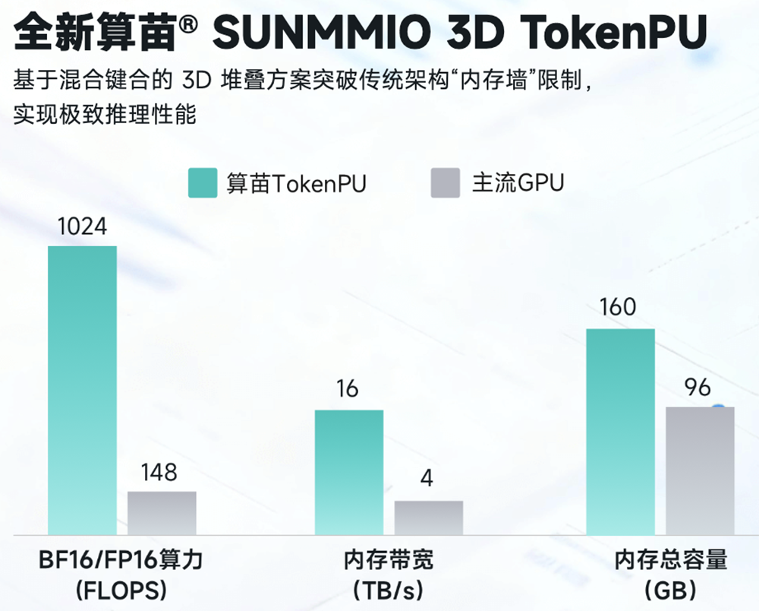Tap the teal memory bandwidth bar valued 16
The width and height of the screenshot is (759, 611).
pyautogui.click(x=349, y=471)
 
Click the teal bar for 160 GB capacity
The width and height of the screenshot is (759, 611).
pyautogui.click(x=620, y=431)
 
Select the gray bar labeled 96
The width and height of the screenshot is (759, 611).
pyautogui.click(x=700, y=470)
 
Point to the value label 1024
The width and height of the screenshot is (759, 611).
pyautogui.click(x=82, y=227)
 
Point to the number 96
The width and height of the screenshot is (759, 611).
pyautogui.click(x=697, y=388)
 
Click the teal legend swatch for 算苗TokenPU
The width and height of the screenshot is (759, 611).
pyautogui.click(x=203, y=183)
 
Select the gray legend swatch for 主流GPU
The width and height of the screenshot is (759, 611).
pyautogui.click(x=446, y=183)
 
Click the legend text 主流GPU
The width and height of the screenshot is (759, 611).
pyautogui.click(x=518, y=183)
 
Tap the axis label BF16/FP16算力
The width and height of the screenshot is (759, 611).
pyautogui.click(x=121, y=561)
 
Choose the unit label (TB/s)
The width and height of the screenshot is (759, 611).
pyautogui.click(x=388, y=590)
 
